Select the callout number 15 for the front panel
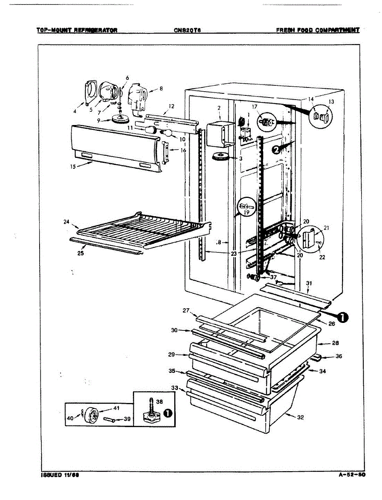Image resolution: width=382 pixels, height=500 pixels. [73, 167]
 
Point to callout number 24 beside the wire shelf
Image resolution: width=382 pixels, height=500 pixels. [66, 222]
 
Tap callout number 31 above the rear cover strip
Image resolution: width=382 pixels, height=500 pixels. [309, 284]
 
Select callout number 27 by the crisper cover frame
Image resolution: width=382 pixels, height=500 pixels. [186, 310]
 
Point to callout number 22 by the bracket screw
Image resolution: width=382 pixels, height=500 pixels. [322, 257]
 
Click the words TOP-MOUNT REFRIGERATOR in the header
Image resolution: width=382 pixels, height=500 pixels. [77, 30]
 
